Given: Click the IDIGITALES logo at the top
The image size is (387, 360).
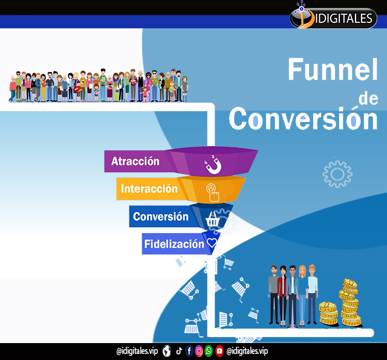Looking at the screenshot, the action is coord(333,18).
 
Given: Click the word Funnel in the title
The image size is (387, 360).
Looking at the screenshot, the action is coord(333,69).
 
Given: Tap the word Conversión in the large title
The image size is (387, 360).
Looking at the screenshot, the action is coord(304,119).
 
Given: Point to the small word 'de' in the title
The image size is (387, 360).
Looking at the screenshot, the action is coord(368,98).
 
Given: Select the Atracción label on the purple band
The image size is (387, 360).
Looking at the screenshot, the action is coord(135,161).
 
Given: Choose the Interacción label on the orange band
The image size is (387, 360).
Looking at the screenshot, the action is coord(149,188).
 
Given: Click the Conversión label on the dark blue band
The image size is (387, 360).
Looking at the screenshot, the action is coord(161,216).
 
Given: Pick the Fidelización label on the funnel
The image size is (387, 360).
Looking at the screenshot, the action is coord(174,244).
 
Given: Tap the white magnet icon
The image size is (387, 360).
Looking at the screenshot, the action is coord(213,164).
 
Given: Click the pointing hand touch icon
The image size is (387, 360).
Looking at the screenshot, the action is coord(213,192).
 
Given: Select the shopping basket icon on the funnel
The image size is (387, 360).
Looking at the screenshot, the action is coord(212,219).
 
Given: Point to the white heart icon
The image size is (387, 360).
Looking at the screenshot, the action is coord(212,243).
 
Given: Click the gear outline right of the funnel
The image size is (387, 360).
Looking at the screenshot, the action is coord(337,174).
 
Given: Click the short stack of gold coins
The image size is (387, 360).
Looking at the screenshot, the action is coord(328,313).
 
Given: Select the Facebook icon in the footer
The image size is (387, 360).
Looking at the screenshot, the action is coord(189,351).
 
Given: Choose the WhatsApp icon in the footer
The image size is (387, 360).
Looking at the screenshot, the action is coord(209,351).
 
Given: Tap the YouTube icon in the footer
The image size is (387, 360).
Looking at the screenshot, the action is coord(219,351).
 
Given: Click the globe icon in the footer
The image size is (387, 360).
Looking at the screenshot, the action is coord(167,351).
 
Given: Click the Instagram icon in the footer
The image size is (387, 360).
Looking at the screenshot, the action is coord(199,351).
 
